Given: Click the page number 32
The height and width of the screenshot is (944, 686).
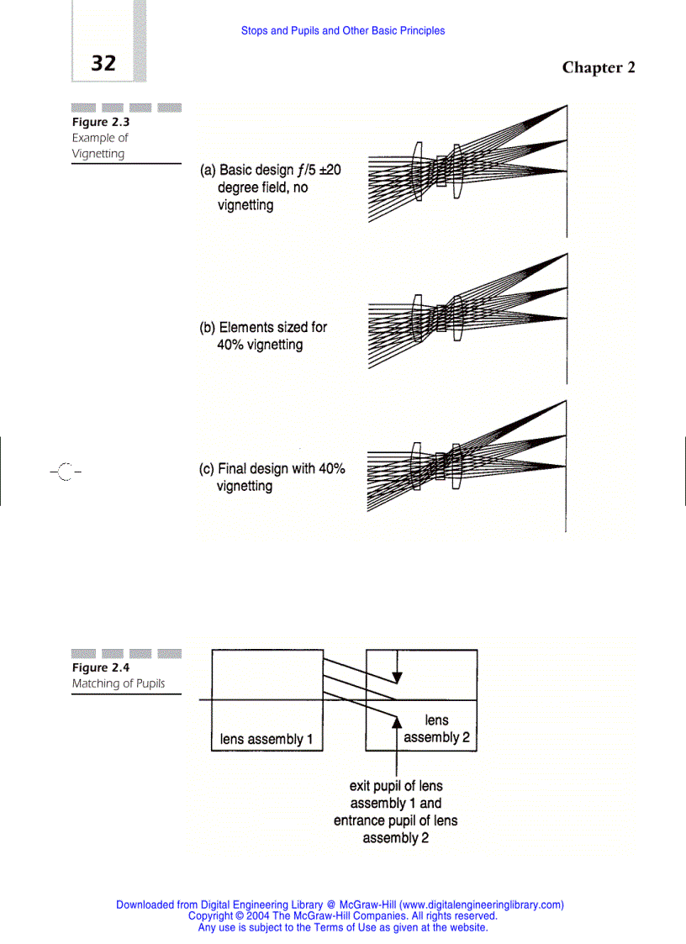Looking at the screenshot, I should [x=103, y=63].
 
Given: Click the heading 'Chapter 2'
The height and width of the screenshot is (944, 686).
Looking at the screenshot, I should [x=598, y=68].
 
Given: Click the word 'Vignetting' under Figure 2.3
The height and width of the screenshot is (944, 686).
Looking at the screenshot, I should [x=98, y=153].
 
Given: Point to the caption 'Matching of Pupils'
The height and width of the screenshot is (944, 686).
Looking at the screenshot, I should [x=118, y=683].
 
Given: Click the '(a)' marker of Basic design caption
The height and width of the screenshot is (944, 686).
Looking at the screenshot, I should [x=208, y=171].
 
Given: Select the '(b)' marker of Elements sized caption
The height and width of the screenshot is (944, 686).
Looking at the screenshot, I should [x=208, y=328].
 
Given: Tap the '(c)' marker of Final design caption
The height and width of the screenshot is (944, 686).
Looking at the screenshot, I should [x=207, y=469].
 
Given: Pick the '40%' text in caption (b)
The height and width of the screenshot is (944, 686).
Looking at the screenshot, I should [x=232, y=345].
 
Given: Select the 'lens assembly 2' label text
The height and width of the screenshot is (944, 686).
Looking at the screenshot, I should [x=436, y=729].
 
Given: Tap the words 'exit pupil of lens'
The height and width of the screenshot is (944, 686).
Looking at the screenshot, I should [x=395, y=787].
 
